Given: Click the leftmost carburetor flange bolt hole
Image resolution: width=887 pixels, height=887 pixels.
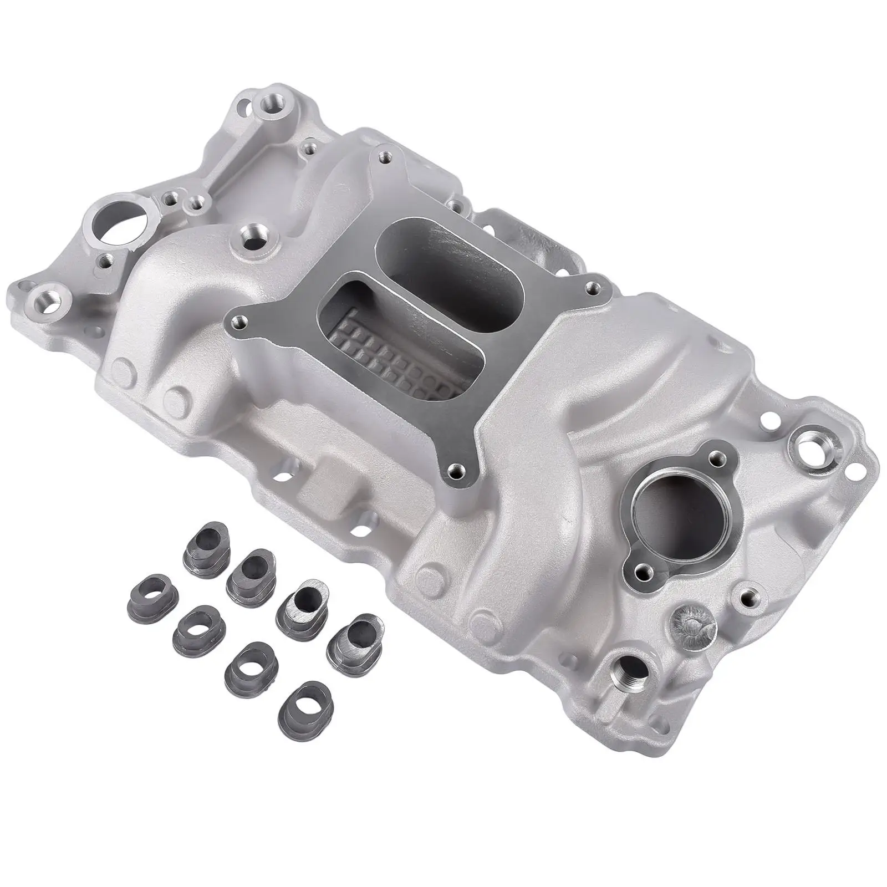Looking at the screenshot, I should point(239,320).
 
